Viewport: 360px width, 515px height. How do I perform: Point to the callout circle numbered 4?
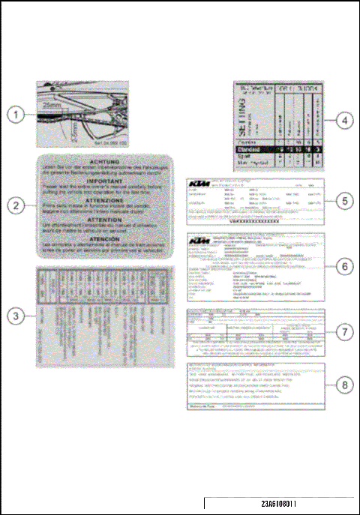343,119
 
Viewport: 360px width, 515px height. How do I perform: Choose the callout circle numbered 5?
343,201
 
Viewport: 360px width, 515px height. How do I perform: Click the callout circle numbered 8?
343,385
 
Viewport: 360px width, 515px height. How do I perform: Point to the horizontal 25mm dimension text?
50,106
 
